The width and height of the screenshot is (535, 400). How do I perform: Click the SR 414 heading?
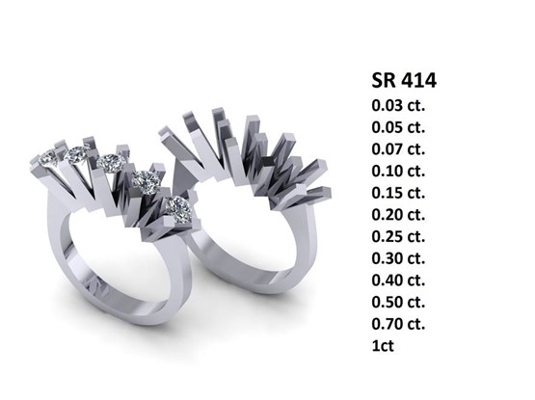[404, 81]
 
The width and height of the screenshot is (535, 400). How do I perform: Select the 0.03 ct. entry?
[398, 105]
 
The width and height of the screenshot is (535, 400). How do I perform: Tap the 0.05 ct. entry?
[398, 127]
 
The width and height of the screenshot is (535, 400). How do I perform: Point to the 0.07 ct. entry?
[398, 149]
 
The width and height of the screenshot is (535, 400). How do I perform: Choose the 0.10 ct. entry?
[398, 171]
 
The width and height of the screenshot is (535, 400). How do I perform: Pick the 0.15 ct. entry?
[398, 193]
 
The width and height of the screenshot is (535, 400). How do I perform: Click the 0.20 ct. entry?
[398, 215]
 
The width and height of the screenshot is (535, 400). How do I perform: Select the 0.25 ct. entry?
[398, 236]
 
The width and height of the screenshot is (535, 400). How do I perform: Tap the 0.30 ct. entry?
[398, 258]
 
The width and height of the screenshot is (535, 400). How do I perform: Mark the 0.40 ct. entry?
[398, 280]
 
